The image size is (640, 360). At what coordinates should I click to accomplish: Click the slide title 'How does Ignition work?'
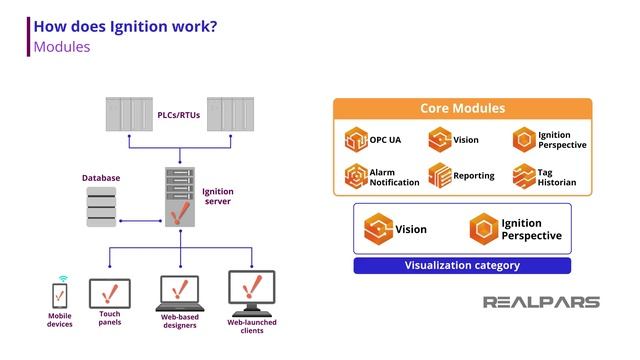click(x=125, y=27)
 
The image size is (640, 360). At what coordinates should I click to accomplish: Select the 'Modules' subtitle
click(x=62, y=47)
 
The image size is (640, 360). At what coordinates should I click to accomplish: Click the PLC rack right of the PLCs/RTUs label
click(x=230, y=114)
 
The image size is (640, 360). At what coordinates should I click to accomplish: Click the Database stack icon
click(x=101, y=208)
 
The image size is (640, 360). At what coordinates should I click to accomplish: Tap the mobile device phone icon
click(x=60, y=297)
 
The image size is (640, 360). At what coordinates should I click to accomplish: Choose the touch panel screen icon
click(x=109, y=294)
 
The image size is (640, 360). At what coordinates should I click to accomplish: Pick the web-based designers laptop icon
click(x=181, y=294)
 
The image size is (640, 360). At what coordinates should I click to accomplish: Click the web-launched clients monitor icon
click(x=251, y=292)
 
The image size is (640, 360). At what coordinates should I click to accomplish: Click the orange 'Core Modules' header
click(x=462, y=108)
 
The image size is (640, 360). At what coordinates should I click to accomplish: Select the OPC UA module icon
click(x=355, y=140)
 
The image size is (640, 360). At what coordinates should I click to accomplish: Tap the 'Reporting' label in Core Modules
click(x=474, y=176)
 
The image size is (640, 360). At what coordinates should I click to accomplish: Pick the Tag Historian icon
click(x=524, y=176)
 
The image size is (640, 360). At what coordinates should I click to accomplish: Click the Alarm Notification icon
click(x=355, y=177)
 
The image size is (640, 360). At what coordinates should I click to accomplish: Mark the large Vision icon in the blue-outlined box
click(x=379, y=229)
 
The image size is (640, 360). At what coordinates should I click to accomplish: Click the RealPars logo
click(x=541, y=302)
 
